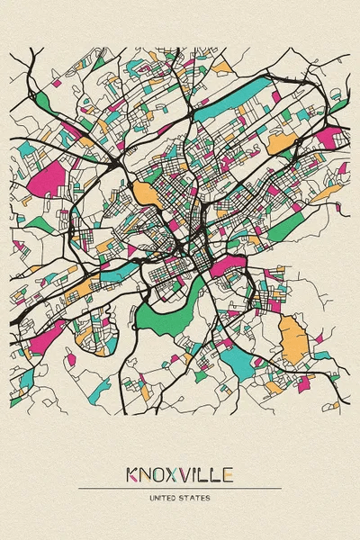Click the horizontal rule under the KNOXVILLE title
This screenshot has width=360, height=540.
tap(180, 488)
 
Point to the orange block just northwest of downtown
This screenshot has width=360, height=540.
tap(144, 192)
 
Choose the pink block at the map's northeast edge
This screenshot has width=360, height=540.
tap(329, 137)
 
